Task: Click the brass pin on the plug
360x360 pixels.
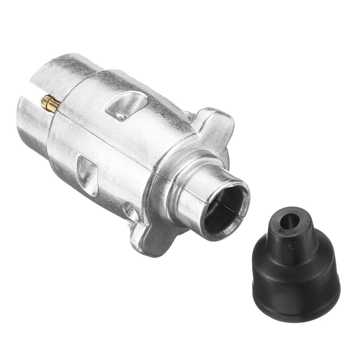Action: (x=50, y=103)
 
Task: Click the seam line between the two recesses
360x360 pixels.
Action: (x=105, y=138)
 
